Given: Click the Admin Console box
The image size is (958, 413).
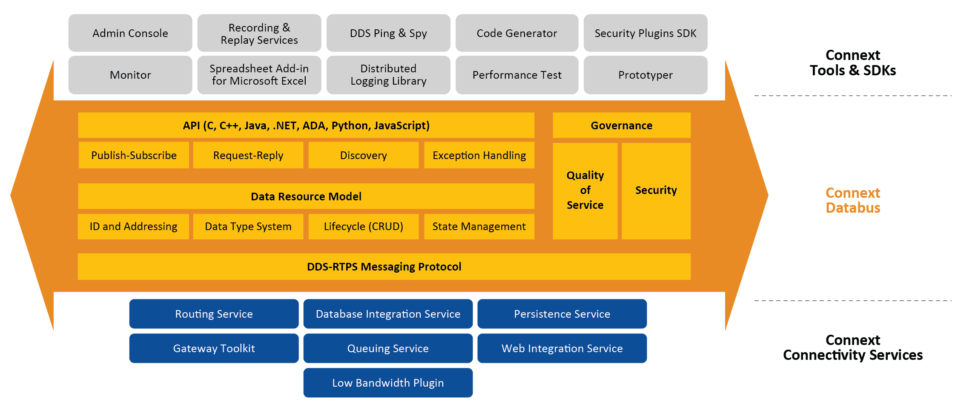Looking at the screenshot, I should [x=130, y=33].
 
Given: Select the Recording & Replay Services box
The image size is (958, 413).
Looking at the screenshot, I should [x=259, y=33].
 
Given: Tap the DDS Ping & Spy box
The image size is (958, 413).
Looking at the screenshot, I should [x=388, y=33].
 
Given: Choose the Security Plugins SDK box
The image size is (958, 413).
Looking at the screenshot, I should [x=645, y=33].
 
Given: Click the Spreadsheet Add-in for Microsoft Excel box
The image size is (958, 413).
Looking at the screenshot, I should [x=259, y=75].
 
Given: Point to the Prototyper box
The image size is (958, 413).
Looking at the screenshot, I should [x=645, y=75].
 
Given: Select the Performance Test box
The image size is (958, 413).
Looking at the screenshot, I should [x=516, y=75].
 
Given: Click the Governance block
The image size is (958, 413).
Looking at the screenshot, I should [x=621, y=125].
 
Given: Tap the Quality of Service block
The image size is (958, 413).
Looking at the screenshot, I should [x=585, y=191].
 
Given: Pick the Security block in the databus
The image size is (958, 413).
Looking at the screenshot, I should [x=656, y=191].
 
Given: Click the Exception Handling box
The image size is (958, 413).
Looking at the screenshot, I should [x=479, y=156].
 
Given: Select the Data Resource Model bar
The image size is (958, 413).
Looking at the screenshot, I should [x=306, y=197].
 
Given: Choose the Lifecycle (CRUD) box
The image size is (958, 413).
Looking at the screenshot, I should [x=363, y=227].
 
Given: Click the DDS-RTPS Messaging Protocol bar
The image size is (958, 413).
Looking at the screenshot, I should [x=384, y=267].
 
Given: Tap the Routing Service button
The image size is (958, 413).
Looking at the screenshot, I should [x=214, y=314].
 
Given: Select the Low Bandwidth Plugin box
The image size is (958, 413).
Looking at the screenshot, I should [x=387, y=383].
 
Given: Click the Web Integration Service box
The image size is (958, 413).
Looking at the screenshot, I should [x=562, y=348].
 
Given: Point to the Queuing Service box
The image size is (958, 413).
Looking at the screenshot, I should [x=387, y=348].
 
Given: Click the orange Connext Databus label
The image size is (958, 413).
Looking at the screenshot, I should [x=852, y=200].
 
